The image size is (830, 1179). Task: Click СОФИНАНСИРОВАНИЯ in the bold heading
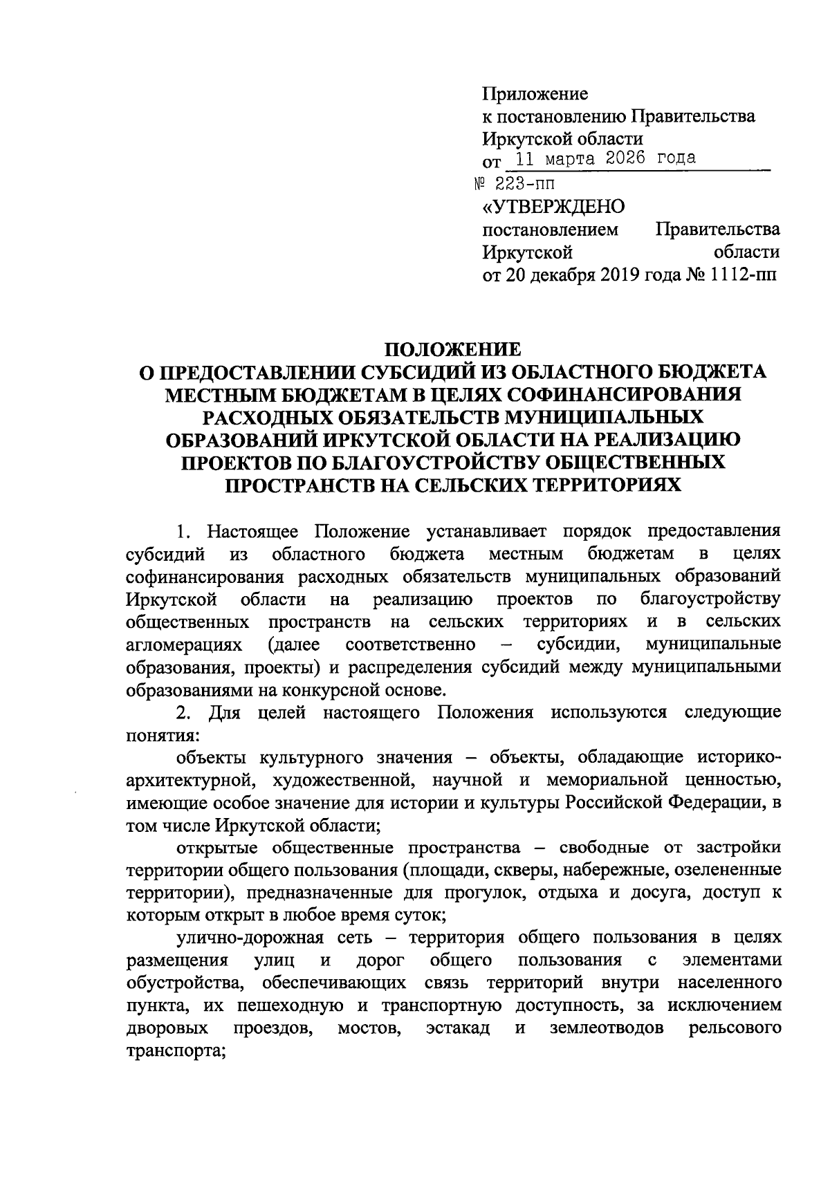(x=615, y=394)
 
